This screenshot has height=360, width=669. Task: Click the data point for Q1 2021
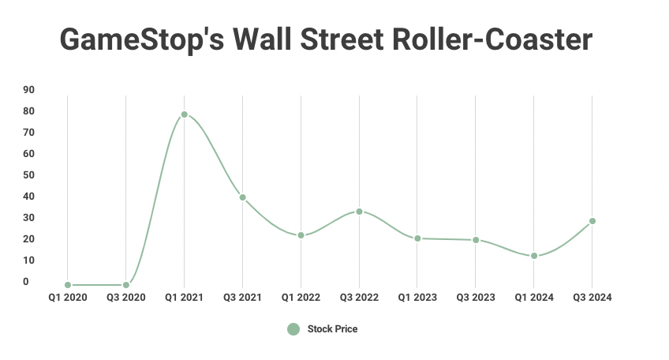coord(184,114)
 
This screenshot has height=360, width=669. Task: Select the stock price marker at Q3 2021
coord(242,197)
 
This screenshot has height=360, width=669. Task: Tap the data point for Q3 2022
coord(359,212)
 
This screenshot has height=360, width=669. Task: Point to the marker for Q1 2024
coord(534,256)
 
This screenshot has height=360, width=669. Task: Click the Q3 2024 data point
coord(592,221)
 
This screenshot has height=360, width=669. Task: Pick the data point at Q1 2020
coord(68,285)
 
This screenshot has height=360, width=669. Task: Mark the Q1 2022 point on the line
coord(301,235)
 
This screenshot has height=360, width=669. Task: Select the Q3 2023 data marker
coord(476,240)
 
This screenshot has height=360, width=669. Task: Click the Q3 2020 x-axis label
coord(125,298)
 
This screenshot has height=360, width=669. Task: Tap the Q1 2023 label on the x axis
coord(417,298)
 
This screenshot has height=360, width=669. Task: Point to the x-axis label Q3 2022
coord(359,298)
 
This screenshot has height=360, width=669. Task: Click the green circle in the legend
coord(293,329)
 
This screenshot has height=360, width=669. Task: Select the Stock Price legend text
coord(332,329)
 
